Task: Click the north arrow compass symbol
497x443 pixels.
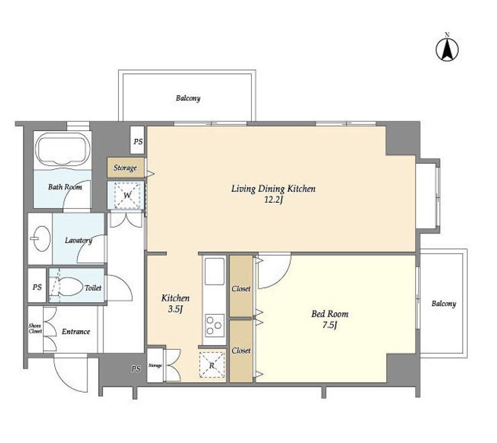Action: tap(447, 50)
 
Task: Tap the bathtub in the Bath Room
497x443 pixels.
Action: tap(63, 149)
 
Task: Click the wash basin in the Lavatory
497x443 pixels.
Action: tap(42, 238)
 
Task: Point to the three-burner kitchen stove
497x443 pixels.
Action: tap(215, 326)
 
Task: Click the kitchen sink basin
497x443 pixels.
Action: tap(215, 271)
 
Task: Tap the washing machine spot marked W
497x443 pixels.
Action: tap(127, 195)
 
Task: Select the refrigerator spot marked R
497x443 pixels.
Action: tap(212, 365)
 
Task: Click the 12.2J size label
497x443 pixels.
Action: tap(273, 200)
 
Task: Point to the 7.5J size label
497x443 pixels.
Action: tap(330, 325)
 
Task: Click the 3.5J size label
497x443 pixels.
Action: tap(175, 309)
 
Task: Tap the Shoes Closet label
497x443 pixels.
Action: tap(35, 329)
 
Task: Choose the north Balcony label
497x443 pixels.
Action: tap(188, 98)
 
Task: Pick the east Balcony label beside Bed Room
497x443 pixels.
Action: tap(444, 304)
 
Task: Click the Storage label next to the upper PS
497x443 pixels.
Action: tap(125, 168)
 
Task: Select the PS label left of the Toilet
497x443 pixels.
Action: tap(37, 287)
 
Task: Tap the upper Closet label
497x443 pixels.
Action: tap(241, 289)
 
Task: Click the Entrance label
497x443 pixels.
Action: tap(76, 332)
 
